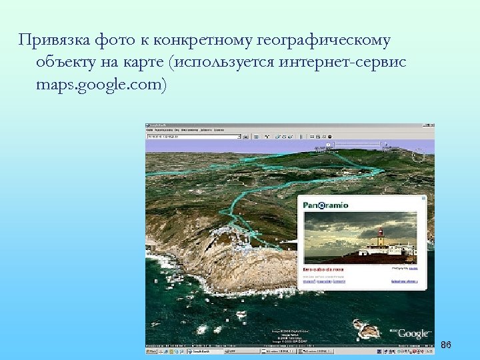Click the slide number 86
446,345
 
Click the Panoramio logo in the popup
326,205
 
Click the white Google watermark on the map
413,333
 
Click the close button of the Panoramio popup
423,198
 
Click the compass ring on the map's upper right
418,156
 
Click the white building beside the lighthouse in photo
370,252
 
